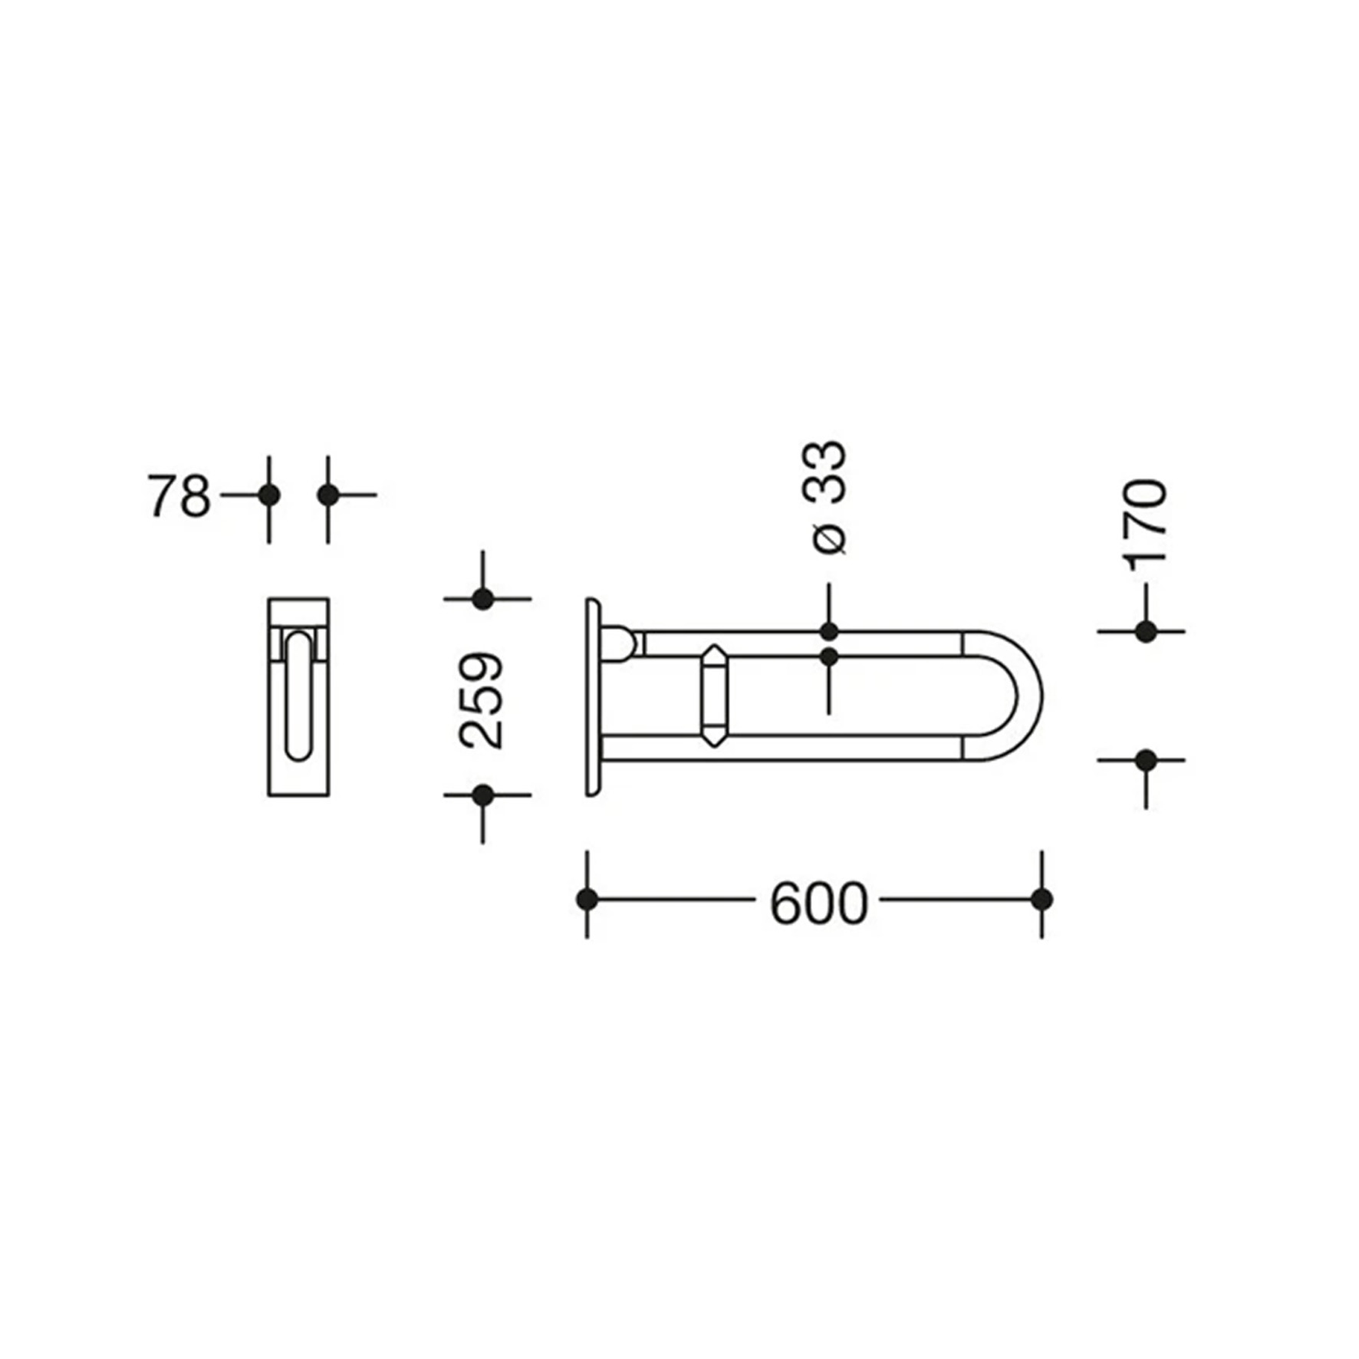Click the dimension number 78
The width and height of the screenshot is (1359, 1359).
tap(179, 496)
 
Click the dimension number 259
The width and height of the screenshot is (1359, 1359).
tap(482, 699)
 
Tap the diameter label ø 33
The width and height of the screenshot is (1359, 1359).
tap(828, 497)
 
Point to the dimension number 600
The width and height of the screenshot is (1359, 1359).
tap(818, 903)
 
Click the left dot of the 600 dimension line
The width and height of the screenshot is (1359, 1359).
tap(587, 899)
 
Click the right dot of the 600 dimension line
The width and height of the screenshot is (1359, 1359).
tap(1041, 899)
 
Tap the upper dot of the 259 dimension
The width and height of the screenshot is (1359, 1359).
tap(482, 599)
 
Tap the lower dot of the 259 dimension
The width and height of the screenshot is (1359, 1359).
tap(482, 795)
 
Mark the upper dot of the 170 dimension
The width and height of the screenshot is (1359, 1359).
tap(1146, 632)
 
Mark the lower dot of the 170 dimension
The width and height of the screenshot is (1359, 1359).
tap(1146, 761)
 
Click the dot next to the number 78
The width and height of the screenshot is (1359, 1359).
tap(268, 495)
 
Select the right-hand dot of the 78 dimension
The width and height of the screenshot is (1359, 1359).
tap(328, 495)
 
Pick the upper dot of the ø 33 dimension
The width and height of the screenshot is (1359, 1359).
tap(828, 632)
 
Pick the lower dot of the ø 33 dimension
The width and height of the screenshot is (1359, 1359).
tap(828, 657)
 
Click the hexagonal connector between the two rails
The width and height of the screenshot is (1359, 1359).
tap(715, 696)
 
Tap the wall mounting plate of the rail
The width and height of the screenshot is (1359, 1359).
tap(592, 696)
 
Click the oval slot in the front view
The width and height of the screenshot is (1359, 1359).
tap(298, 696)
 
